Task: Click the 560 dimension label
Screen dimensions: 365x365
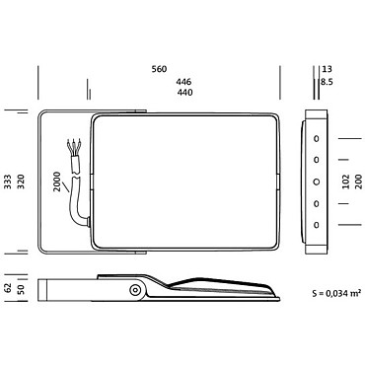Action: pyautogui.click(x=159, y=69)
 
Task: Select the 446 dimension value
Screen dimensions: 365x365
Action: pyautogui.click(x=183, y=81)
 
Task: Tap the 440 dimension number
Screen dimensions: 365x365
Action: pyautogui.click(x=184, y=93)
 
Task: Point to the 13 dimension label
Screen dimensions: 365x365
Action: pyautogui.click(x=328, y=69)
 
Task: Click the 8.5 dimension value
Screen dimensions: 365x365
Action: pyautogui.click(x=327, y=82)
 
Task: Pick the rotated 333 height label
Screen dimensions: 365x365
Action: pyautogui.click(x=8, y=182)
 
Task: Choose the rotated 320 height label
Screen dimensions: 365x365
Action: pyautogui.click(x=21, y=182)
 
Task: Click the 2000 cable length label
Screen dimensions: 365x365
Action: pyautogui.click(x=57, y=182)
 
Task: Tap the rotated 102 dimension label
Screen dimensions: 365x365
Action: pyautogui.click(x=346, y=182)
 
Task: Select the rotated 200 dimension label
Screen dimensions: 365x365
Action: pyautogui.click(x=358, y=182)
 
